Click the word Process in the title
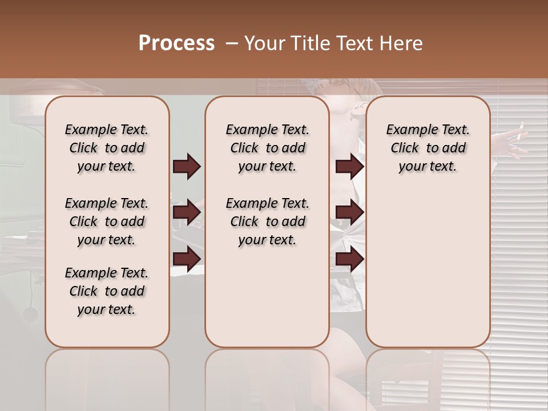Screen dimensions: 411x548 [x=176, y=43]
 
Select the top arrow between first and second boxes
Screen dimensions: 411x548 [x=187, y=166]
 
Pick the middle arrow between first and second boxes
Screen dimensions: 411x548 [x=187, y=212]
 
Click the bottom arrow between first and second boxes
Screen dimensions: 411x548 [x=187, y=259]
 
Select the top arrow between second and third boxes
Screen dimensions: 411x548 [x=349, y=166]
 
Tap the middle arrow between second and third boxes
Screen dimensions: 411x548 [x=349, y=212]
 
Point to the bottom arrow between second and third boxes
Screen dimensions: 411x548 [x=349, y=259]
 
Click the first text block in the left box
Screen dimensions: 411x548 [x=107, y=148]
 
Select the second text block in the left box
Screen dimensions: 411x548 [x=107, y=221]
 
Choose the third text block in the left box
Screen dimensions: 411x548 [x=107, y=291]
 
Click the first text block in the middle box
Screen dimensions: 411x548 [x=267, y=148]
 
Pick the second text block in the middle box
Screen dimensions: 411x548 [x=267, y=221]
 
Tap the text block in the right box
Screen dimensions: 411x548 [x=428, y=148]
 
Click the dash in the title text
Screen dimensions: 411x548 [x=232, y=44]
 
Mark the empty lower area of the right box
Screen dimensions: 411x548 [x=428, y=268]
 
